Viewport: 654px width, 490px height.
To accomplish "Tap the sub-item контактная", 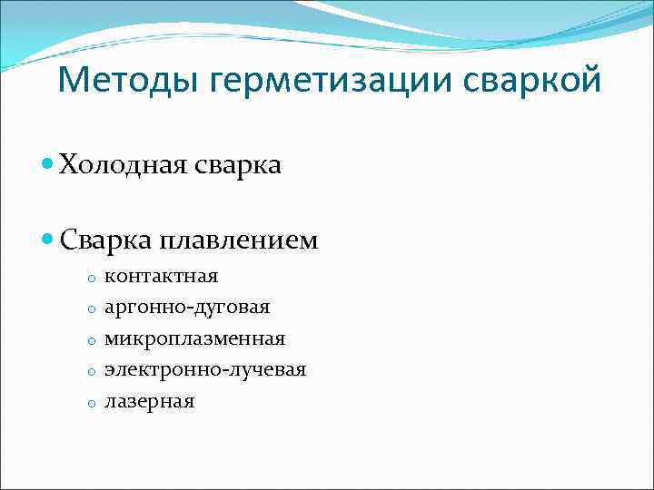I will (x=161, y=276).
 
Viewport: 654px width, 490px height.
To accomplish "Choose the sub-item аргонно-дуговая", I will (x=187, y=307).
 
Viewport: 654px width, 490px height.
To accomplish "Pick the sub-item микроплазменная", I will (x=194, y=338).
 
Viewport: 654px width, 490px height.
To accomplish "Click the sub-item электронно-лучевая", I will (x=205, y=369).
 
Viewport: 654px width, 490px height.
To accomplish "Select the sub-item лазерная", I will (x=149, y=401).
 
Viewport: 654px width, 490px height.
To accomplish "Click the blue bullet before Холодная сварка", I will (x=48, y=165).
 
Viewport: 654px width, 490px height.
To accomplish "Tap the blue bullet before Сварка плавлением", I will (x=48, y=240).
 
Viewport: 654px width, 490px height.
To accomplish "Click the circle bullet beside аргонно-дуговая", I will (x=92, y=309).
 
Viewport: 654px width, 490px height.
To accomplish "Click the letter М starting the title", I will (x=71, y=82).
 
